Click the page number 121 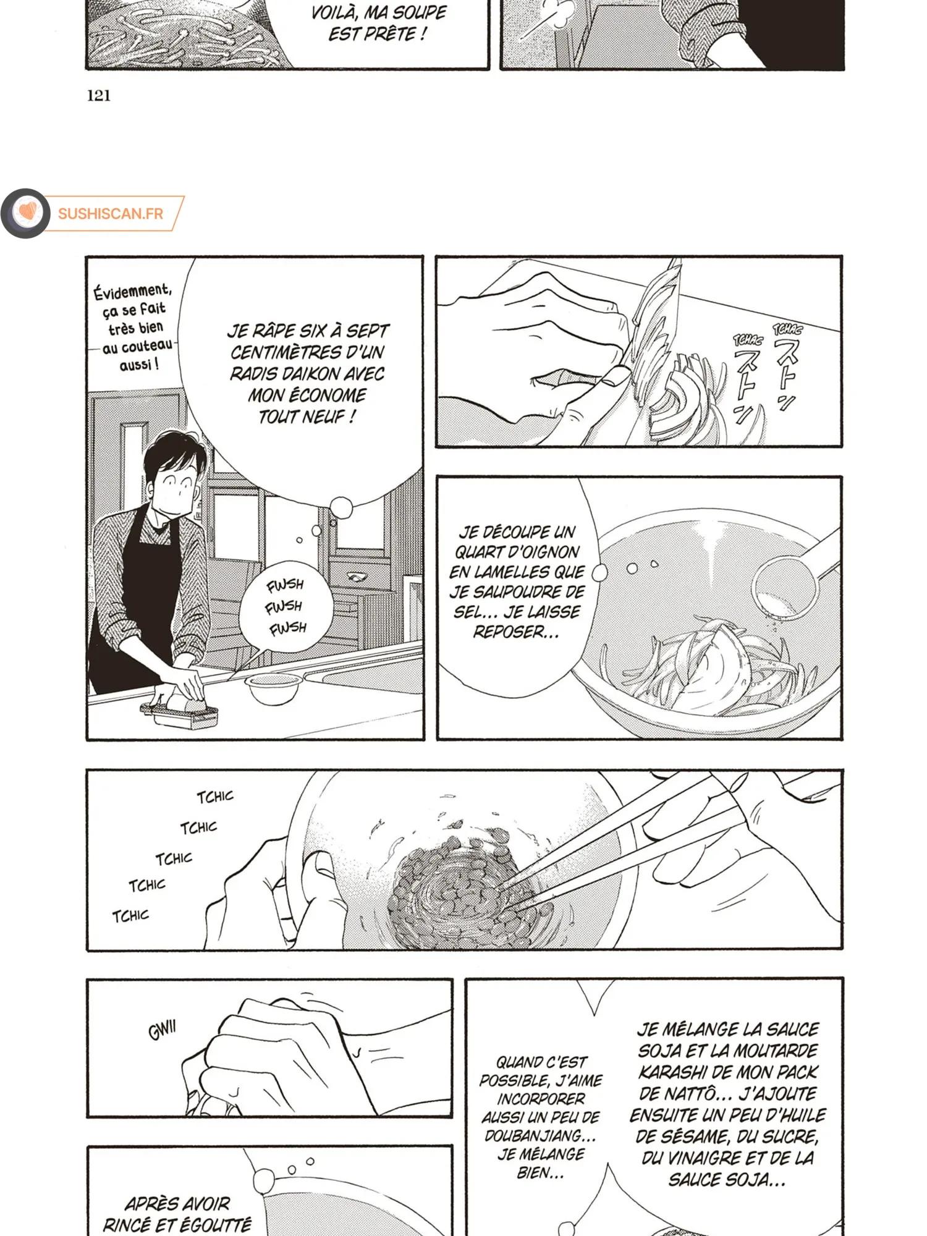click(99, 95)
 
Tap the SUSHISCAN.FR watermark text click(111, 214)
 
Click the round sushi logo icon click(25, 213)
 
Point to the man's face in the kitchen click(180, 481)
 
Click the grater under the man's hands click(179, 714)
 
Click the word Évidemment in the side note click(132, 290)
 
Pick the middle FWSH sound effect click(284, 606)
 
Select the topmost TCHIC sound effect click(215, 797)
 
